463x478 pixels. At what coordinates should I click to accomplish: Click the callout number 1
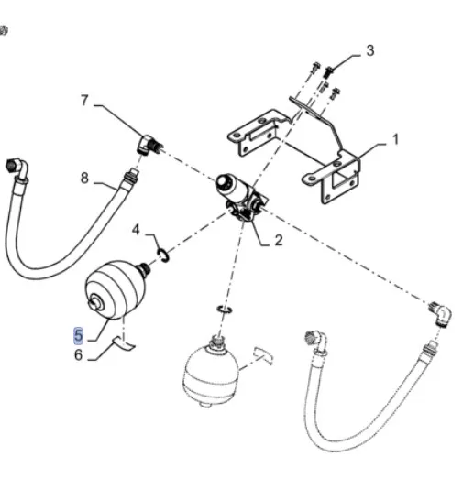tap(395, 140)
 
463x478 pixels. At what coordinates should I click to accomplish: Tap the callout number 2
tap(279, 241)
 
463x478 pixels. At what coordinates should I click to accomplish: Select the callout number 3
tap(370, 50)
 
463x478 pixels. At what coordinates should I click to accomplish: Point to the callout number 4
tap(136, 230)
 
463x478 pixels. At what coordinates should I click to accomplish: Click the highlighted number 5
tap(78, 335)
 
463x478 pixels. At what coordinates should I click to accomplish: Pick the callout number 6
tap(78, 354)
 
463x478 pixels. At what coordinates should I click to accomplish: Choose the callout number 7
tap(84, 101)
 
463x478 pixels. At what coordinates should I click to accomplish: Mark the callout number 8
tap(84, 178)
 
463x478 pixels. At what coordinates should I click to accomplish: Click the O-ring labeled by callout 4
tap(163, 255)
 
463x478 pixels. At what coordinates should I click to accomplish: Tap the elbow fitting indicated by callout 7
tap(149, 145)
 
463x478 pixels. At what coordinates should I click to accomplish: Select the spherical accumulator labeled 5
tap(116, 289)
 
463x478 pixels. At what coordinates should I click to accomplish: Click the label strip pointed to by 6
tap(125, 342)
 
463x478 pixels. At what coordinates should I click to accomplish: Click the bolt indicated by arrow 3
tap(327, 71)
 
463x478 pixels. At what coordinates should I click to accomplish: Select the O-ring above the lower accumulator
tap(225, 310)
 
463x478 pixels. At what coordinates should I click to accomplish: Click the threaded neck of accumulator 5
tap(144, 268)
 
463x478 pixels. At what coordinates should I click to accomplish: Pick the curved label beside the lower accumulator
tap(263, 355)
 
